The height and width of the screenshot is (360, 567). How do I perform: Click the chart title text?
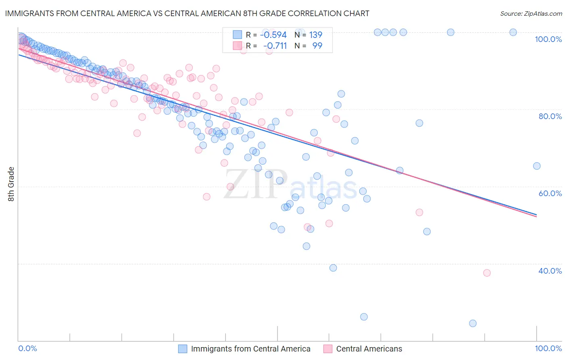(187, 13)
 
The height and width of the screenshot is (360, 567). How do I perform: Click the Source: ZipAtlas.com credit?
(531, 13)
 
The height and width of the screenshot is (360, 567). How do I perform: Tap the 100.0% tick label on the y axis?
(548, 39)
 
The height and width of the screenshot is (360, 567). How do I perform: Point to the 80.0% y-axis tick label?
(550, 116)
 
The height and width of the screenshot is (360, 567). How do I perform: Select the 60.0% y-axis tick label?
(550, 193)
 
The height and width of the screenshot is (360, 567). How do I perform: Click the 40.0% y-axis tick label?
(550, 271)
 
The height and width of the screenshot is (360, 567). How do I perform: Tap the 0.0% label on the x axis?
(28, 348)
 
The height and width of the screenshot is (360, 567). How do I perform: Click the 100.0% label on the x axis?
(548, 348)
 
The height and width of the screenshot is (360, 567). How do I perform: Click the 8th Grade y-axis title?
(11, 184)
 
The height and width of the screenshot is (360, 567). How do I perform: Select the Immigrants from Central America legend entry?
(250, 349)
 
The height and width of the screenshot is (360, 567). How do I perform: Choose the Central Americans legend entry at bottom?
(369, 349)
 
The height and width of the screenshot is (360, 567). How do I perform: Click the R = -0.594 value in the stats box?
(266, 35)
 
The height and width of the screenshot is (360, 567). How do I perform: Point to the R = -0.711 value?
(266, 46)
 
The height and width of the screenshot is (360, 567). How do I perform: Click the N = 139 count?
(309, 35)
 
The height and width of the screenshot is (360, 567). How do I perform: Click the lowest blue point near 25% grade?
(473, 323)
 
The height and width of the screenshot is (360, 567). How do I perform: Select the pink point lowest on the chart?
(487, 273)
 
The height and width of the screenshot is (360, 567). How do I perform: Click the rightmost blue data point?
(537, 166)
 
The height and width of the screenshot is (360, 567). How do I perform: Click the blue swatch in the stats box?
(238, 35)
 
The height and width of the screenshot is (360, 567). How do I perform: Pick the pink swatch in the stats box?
(238, 46)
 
